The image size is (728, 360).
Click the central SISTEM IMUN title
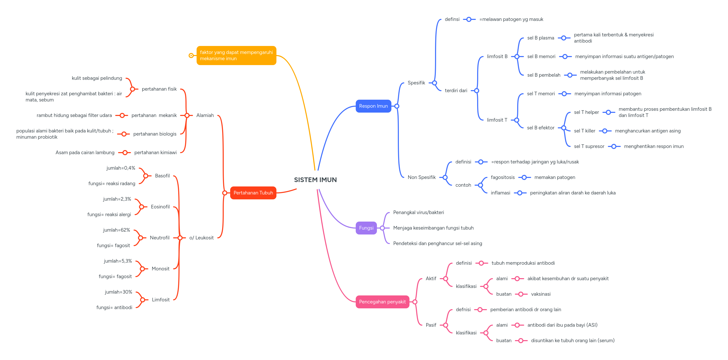[x=315, y=180]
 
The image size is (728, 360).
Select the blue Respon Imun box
[x=373, y=106]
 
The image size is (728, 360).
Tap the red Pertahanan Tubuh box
[x=253, y=193]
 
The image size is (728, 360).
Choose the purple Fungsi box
[x=366, y=228]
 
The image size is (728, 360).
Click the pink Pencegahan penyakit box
[x=382, y=302]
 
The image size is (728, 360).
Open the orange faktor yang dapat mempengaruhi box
[x=236, y=55]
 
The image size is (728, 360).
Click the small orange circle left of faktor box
[x=191, y=55]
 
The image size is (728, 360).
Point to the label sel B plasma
[x=540, y=38]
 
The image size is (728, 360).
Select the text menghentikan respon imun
[x=653, y=146]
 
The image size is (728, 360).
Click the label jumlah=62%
[x=117, y=230]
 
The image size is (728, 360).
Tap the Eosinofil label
[x=160, y=207]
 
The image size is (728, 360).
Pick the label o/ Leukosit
[x=201, y=238]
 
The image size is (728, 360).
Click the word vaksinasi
[x=540, y=294]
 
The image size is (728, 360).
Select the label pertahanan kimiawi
[x=155, y=153]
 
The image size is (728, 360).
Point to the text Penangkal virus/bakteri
[x=418, y=213]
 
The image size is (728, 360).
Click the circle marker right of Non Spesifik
[x=445, y=177]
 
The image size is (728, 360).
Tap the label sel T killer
[x=584, y=131]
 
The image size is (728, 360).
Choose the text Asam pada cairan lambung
[x=85, y=153]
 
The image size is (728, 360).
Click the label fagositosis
[x=502, y=177]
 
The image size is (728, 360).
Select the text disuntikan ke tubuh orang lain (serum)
[x=572, y=341]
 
